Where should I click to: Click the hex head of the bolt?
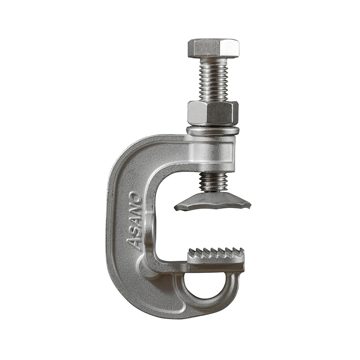(214, 48)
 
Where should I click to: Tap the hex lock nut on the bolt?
(213, 113)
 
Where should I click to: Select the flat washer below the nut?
(213, 130)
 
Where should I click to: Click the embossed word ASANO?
(134, 221)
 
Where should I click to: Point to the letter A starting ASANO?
(133, 244)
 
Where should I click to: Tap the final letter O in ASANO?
(134, 196)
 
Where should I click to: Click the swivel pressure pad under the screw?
(212, 202)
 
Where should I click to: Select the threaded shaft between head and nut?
(213, 80)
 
